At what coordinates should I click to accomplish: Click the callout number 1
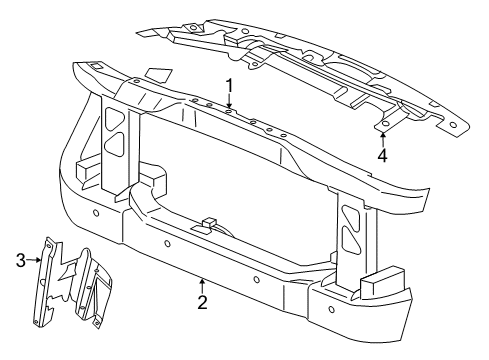(x=229, y=85)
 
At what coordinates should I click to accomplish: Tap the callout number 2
(x=202, y=302)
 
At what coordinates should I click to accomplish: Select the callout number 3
(x=19, y=262)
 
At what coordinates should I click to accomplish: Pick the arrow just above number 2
(x=202, y=285)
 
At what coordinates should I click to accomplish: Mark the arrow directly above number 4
(x=383, y=137)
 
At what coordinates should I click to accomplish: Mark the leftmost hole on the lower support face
(x=94, y=214)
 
